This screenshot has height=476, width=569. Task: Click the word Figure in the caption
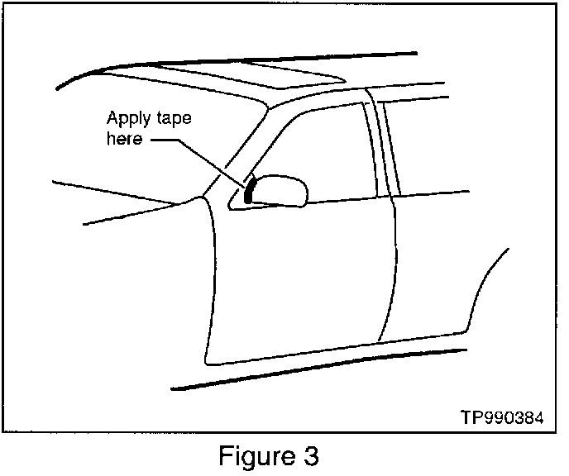coord(253,456)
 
